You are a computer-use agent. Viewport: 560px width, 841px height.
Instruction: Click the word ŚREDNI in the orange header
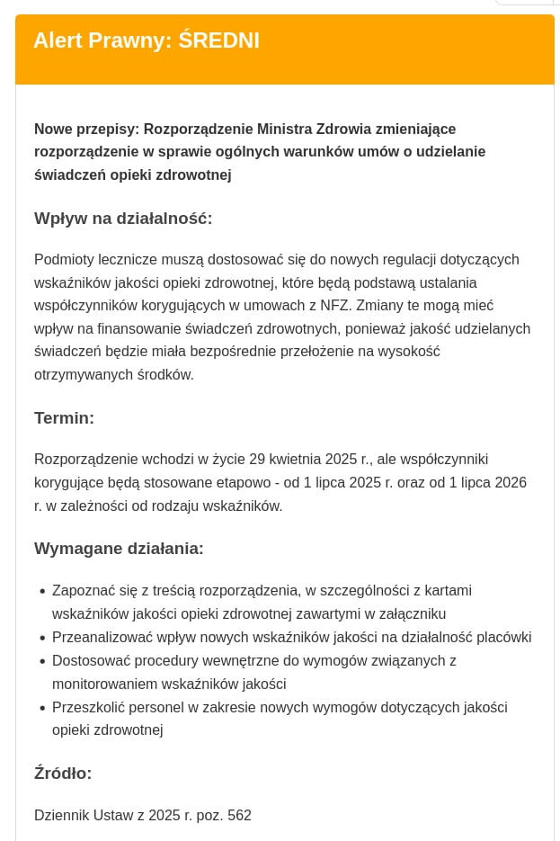pos(219,40)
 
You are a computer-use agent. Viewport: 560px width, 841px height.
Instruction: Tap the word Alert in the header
pos(58,40)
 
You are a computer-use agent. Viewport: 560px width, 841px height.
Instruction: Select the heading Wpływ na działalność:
pos(123,219)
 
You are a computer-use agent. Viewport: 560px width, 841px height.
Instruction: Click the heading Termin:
pos(64,418)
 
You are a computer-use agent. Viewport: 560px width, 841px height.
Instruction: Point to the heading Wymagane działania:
pos(119,549)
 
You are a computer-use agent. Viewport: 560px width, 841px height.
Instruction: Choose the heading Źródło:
pos(63,774)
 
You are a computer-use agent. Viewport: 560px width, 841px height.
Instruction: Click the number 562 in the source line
pos(239,816)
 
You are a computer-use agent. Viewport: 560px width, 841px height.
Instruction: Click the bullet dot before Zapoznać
pos(42,592)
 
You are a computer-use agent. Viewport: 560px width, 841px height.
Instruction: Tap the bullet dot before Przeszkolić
pos(42,709)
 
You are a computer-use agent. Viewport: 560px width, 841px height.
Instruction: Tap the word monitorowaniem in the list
pos(105,684)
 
